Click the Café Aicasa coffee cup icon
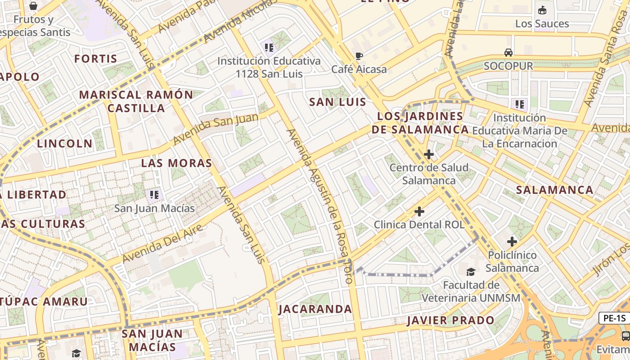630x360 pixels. point(359,56)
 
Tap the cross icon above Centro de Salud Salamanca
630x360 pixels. point(429,154)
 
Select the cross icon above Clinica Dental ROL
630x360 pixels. point(419,211)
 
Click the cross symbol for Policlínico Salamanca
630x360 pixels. point(512,242)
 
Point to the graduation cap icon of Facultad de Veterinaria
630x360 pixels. point(471,272)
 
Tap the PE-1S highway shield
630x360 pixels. point(614,318)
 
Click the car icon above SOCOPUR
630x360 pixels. point(508,53)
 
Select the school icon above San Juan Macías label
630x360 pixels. point(154,195)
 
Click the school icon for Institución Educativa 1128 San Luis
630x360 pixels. point(269,47)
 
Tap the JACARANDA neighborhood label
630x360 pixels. point(315,309)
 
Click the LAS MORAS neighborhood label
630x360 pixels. point(176,163)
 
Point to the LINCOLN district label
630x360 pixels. point(65,144)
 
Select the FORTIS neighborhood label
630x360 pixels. point(96,58)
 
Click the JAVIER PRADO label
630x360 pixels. point(450,320)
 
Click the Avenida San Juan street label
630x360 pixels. point(216,129)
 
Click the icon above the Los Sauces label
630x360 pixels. point(542,10)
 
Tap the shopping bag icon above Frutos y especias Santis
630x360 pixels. point(33,6)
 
